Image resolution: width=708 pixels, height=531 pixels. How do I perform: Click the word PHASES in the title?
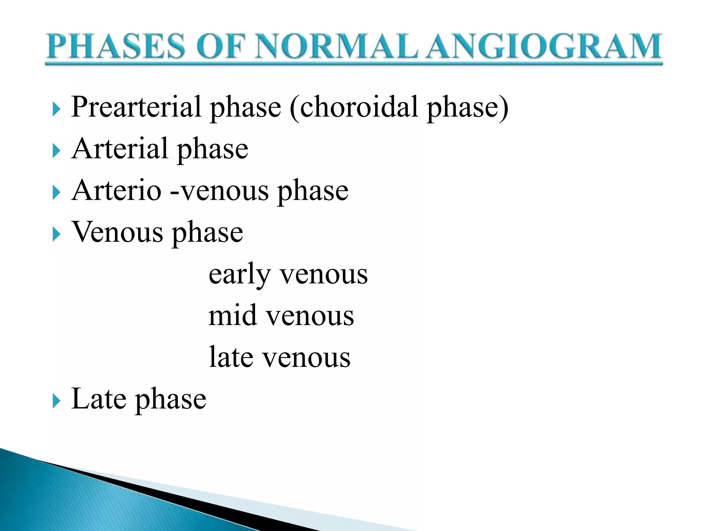tap(116, 46)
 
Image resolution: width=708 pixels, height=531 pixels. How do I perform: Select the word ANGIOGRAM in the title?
tap(543, 46)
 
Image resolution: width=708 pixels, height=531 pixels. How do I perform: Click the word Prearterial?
tap(136, 107)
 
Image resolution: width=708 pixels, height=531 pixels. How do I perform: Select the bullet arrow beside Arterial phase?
tap(56, 151)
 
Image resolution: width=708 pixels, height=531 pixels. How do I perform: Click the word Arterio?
tap(117, 190)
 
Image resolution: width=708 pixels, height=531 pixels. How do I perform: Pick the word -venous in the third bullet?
tap(220, 191)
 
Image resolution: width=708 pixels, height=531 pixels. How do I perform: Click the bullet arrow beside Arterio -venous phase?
tap(56, 193)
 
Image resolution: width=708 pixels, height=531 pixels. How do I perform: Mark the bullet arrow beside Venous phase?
tap(56, 235)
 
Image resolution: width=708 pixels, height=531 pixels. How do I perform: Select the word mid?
tap(233, 316)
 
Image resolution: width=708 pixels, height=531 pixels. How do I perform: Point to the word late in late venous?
tap(231, 357)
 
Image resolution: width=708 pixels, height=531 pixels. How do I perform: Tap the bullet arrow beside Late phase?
tap(56, 401)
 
